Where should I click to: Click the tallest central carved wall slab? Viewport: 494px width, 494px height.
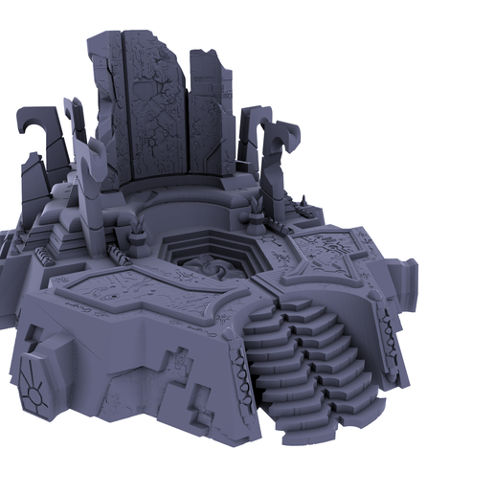153,105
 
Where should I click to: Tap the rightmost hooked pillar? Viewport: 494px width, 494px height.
284,158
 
